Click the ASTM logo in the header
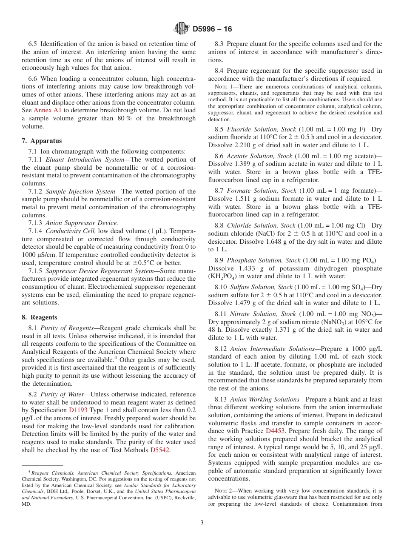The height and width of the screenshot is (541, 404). coord(182,29)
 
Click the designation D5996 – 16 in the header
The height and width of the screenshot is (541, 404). coord(212,29)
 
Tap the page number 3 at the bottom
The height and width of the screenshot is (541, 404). coord(202,522)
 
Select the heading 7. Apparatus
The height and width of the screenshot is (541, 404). coord(42,141)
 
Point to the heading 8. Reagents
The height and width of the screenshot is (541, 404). coord(40,317)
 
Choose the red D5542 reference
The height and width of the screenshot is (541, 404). coord(160,450)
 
